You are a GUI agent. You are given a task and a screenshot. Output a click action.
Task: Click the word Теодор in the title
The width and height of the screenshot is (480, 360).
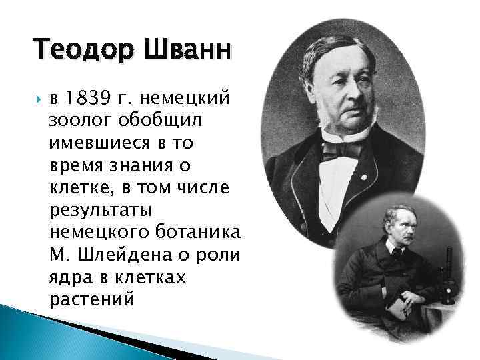pos(73,50)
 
